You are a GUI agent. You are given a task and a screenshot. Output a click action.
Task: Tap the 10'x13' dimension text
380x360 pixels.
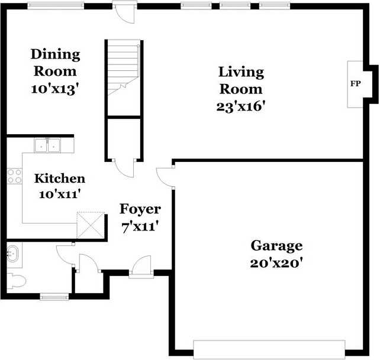point(55,89)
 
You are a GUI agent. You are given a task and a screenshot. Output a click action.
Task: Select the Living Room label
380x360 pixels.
point(241,80)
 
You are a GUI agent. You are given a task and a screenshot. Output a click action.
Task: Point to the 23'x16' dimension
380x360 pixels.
point(241,106)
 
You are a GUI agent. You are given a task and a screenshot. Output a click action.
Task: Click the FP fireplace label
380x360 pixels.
point(356,84)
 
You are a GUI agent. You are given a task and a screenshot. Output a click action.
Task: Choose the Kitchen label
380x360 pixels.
point(59,179)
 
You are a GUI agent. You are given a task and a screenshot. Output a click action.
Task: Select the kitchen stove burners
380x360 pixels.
point(14,175)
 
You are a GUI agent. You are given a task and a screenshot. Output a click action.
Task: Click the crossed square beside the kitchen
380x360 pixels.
point(91,225)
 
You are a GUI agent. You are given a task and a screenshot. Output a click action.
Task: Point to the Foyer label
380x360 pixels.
point(140,209)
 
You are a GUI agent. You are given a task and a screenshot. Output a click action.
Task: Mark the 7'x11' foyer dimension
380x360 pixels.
point(141,226)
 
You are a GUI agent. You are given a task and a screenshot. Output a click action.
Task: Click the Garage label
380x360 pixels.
point(276,245)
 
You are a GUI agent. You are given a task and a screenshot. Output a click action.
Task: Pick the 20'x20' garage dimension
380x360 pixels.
point(276,262)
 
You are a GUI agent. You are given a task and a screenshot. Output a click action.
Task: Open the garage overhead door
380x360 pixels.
point(269,348)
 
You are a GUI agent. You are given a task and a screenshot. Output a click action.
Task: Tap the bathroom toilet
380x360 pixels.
point(16,280)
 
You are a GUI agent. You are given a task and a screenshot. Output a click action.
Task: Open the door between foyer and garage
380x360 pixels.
point(166,176)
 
